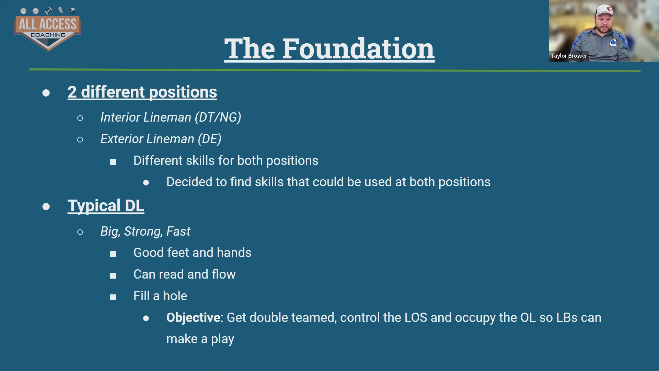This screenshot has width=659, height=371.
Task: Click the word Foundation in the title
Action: coord(358,48)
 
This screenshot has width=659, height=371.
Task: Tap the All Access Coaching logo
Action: coord(47,29)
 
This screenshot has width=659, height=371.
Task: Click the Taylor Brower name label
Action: coord(569,56)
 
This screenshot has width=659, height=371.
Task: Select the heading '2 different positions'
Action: coord(142,92)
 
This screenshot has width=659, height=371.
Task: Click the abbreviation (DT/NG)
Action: coord(218,117)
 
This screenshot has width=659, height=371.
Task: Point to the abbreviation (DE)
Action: coord(209,139)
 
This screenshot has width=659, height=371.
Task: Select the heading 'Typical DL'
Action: coord(106,206)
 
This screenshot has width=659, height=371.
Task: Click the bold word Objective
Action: coord(193,318)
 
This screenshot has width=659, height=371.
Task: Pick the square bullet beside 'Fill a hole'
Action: coord(113,297)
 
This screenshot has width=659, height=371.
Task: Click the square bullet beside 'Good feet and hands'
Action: coord(113,254)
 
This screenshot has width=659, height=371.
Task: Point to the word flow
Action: coord(224,274)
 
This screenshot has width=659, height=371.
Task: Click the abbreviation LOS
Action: coord(416,318)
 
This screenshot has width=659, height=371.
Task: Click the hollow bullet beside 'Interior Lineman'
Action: coord(80,118)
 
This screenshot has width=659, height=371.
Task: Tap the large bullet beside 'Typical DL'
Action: coord(46,206)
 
